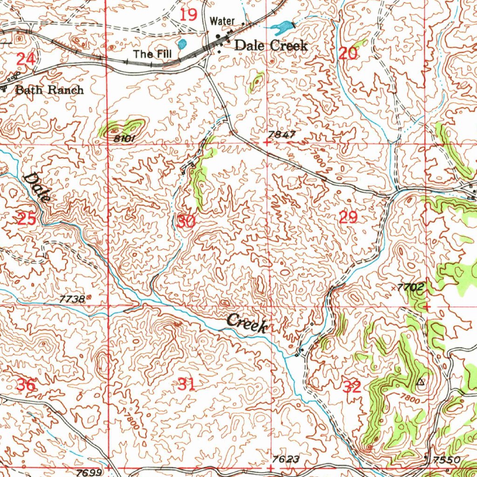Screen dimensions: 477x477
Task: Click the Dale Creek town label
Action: tap(271, 46)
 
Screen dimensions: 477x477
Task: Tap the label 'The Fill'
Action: tap(152, 54)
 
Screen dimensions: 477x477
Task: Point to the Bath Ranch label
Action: tap(49, 90)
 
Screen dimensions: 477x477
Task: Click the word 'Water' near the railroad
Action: tap(222, 21)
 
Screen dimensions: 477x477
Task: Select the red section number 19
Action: tap(189, 15)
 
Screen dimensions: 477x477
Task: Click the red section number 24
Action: tap(26, 59)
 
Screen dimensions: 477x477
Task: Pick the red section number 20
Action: tap(348, 54)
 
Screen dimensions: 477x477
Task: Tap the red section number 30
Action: tap(186, 221)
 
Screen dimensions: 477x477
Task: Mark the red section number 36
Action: tap(26, 385)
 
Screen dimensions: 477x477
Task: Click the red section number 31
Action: tap(186, 385)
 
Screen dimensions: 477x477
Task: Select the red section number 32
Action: tap(352, 387)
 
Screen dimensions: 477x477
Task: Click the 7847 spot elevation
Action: tap(281, 135)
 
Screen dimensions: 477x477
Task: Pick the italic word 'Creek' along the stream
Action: tap(247, 323)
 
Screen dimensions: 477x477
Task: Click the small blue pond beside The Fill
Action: tap(183, 44)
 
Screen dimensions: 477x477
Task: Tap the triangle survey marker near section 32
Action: tap(421, 382)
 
